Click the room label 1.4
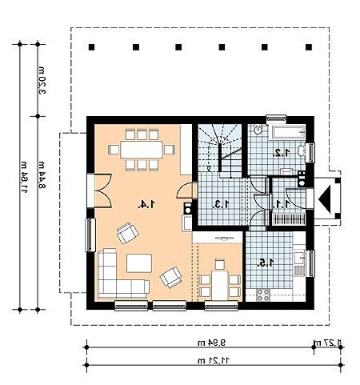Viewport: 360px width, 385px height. click(x=146, y=204)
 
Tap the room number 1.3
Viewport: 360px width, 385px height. click(x=221, y=204)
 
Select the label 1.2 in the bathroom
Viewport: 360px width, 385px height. click(x=282, y=153)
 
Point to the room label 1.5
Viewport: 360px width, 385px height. click(x=266, y=263)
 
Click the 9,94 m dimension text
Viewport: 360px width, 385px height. click(x=211, y=343)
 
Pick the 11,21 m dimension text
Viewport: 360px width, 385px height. click(x=214, y=361)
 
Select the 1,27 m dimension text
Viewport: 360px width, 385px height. click(x=327, y=343)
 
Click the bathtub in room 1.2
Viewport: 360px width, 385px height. click(x=286, y=132)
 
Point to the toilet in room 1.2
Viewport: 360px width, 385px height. click(x=258, y=130)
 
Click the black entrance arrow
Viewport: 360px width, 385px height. click(x=325, y=199)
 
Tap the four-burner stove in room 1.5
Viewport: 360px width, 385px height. click(x=263, y=295)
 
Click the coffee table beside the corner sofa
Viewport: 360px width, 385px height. click(x=139, y=263)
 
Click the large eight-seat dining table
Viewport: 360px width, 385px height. click(x=142, y=150)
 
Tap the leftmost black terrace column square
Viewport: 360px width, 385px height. click(x=92, y=47)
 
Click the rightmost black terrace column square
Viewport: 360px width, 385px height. click(x=309, y=47)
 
